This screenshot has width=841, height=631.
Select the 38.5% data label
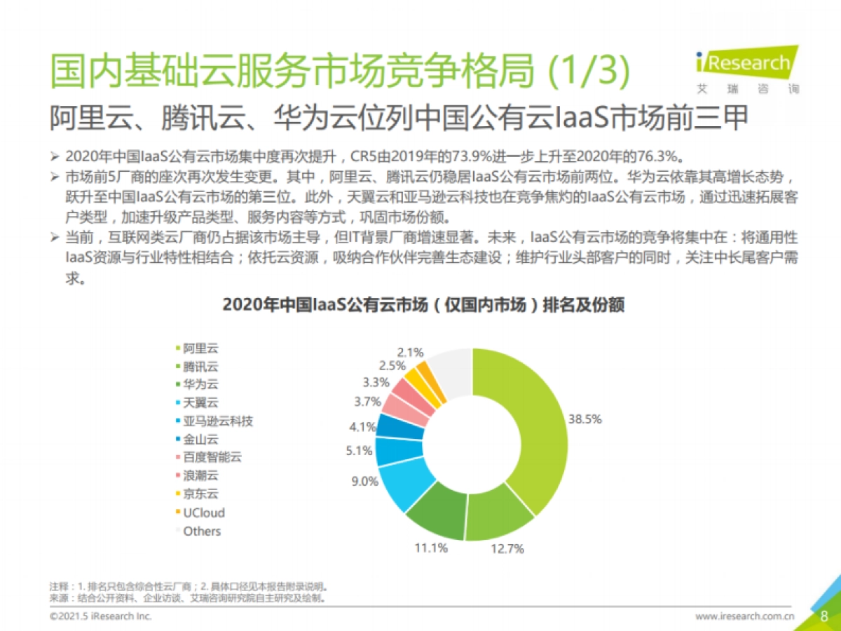coord(585,419)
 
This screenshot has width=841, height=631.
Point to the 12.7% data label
coord(507,549)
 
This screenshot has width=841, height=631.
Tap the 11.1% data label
coord(431,548)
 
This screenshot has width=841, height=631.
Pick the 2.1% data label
coord(410,353)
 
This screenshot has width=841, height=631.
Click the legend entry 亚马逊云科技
coord(218,421)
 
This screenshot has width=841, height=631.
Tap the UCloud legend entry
coord(204,513)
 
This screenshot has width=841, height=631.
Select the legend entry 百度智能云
coord(212,458)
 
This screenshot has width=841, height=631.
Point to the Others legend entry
coord(202,531)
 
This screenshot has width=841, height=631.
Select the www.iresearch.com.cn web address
coord(744,617)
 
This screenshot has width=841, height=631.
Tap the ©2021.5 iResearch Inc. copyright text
coord(100,617)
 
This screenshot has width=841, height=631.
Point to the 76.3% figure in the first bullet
coord(670,156)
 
